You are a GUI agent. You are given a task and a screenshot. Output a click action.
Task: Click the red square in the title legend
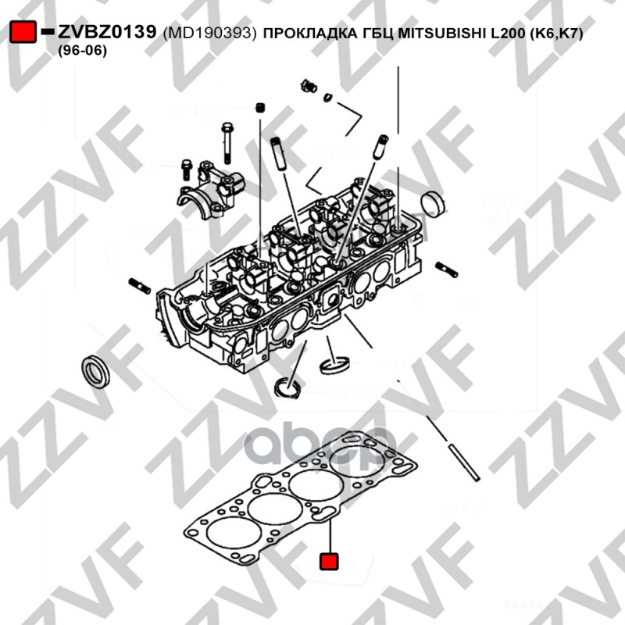(23, 32)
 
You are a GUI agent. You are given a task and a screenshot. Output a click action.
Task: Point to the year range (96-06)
(82, 50)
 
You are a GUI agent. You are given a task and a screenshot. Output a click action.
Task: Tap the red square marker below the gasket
(330, 561)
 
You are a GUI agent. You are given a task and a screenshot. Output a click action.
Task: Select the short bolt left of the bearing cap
(187, 166)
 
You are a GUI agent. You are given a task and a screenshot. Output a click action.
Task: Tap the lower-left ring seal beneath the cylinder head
(287, 386)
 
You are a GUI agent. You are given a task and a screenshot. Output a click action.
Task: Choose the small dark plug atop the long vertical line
(259, 106)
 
